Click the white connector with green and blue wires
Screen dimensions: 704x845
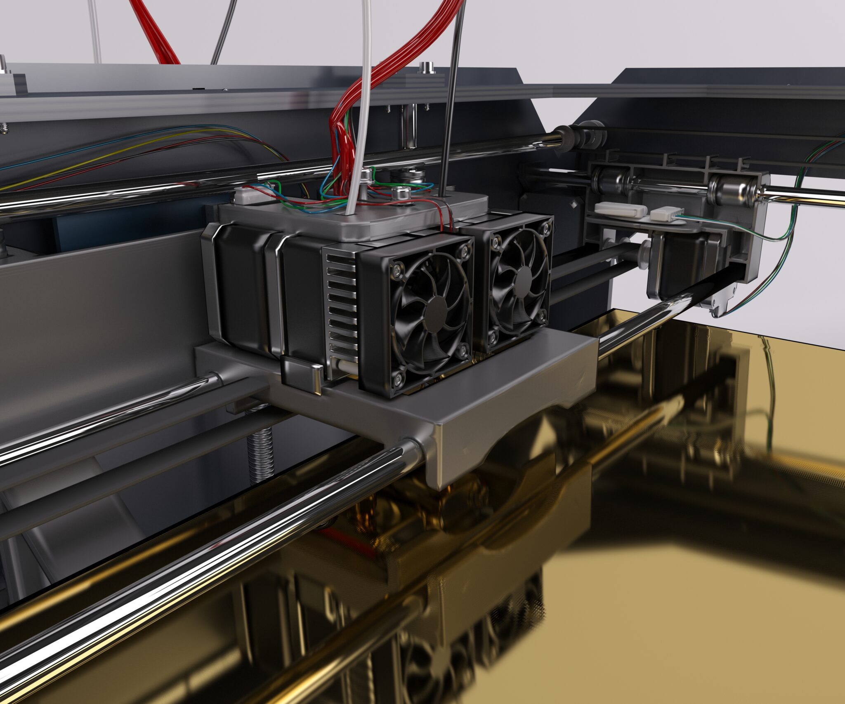click(664, 214)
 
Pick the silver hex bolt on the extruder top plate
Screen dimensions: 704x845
click(400, 192)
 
